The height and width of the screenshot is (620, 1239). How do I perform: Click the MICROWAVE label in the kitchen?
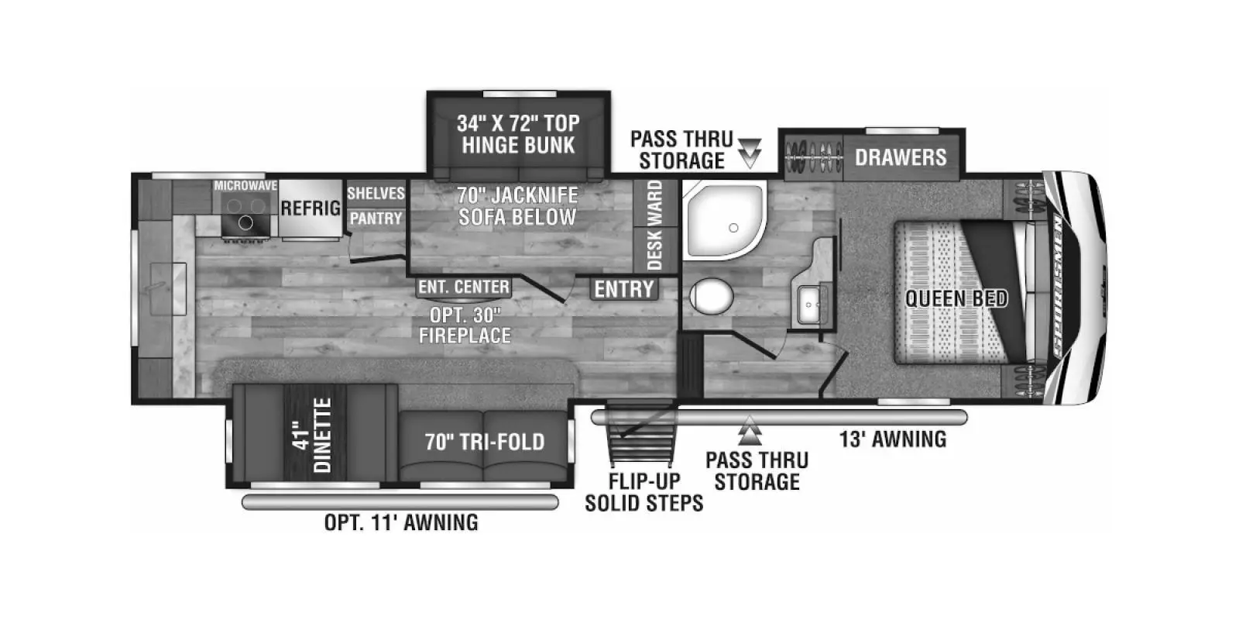tap(245, 186)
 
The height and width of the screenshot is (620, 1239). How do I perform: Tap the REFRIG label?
tap(311, 208)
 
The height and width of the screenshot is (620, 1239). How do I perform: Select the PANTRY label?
tap(376, 219)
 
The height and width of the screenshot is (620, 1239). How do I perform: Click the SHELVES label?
tap(376, 193)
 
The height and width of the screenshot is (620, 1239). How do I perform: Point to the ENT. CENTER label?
tap(464, 288)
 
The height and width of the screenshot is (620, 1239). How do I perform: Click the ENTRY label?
tap(624, 289)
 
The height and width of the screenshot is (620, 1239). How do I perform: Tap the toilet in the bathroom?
tap(711, 295)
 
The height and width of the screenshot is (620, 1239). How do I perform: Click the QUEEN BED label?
tap(956, 298)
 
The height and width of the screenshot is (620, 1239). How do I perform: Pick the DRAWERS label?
tap(901, 157)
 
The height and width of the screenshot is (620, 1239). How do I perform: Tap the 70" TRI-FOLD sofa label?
tap(485, 442)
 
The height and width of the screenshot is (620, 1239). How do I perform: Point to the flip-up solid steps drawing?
tap(640, 439)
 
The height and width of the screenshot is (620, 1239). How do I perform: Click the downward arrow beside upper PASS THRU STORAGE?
tap(750, 153)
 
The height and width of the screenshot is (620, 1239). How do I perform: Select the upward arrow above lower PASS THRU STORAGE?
tap(750, 429)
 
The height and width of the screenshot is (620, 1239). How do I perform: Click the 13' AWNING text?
tap(893, 439)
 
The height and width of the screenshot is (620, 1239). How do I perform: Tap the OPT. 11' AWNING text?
tap(401, 522)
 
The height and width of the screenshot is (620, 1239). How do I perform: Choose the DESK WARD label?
tap(655, 225)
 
